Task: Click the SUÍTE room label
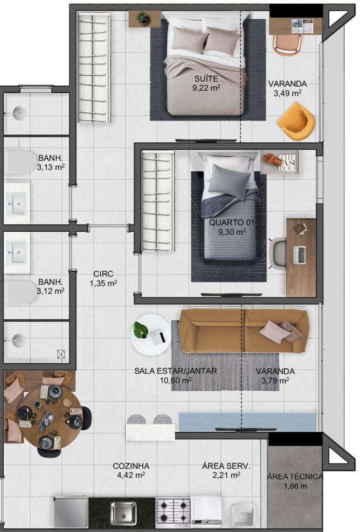pyautogui.click(x=206, y=79)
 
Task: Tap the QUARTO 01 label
pyautogui.click(x=231, y=223)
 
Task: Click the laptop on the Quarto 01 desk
pyautogui.click(x=299, y=255)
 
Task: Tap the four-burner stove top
pyautogui.click(x=173, y=512)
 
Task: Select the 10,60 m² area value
pyautogui.click(x=176, y=380)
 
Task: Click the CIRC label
pyautogui.click(x=103, y=274)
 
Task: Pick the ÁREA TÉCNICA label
pyautogui.click(x=295, y=477)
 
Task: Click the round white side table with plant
pyautogui.click(x=151, y=335)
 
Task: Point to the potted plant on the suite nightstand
pyautogui.click(x=143, y=18)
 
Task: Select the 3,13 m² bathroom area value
pyautogui.click(x=50, y=167)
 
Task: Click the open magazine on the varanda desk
pyautogui.click(x=302, y=26)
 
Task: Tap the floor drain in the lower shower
pyautogui.click(x=61, y=354)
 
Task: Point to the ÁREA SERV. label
pyautogui.click(x=226, y=466)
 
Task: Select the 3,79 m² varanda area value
pyautogui.click(x=275, y=381)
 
